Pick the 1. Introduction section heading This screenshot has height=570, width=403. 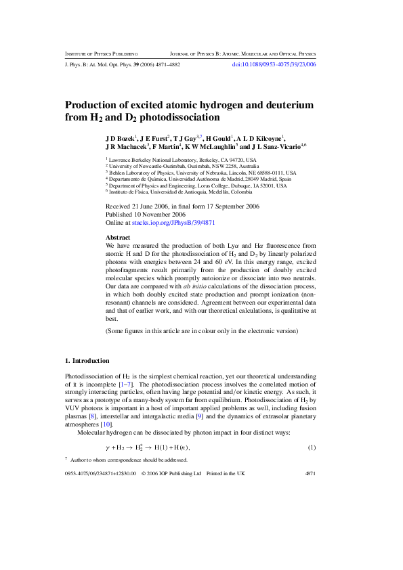coord(87,360)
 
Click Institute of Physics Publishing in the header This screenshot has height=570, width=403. coord(102,53)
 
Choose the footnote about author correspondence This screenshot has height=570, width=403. coord(128,460)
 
